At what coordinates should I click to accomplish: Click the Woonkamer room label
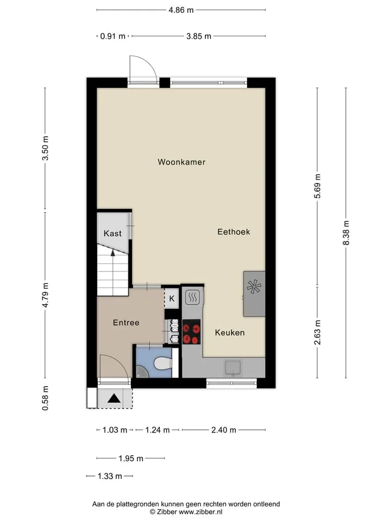181,162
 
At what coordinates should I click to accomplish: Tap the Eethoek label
234,232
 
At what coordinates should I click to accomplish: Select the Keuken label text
229,332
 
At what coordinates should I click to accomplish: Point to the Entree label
126,322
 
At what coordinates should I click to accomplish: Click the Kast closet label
113,233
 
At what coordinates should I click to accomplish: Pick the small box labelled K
172,298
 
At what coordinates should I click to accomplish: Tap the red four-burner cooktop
191,332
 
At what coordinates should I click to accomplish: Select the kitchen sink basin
233,368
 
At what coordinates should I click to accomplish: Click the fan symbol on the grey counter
254,287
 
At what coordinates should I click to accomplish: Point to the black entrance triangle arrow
113,398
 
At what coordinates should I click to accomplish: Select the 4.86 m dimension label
181,10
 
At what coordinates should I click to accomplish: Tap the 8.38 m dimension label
346,233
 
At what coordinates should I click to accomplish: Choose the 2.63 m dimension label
318,332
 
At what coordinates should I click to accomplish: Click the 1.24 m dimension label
157,430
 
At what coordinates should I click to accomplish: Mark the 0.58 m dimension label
45,398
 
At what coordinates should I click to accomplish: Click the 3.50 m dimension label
45,148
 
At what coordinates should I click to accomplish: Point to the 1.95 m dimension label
131,459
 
